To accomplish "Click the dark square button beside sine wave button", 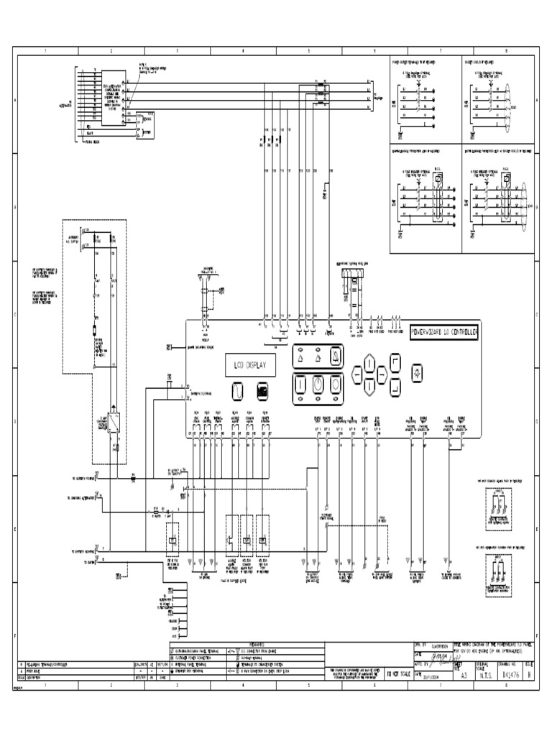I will pyautogui.click(x=262, y=391).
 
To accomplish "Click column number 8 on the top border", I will pyautogui.click(x=506, y=52).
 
